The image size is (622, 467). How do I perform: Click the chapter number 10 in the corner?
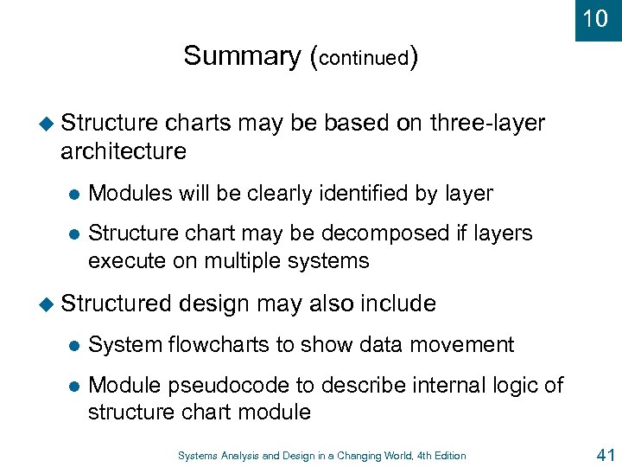[x=595, y=18]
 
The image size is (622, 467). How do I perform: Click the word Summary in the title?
[x=241, y=56]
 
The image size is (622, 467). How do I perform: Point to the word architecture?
[x=124, y=151]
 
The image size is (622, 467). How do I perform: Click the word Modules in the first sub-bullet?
[x=131, y=194]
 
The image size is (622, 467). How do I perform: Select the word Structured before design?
[x=117, y=304]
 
